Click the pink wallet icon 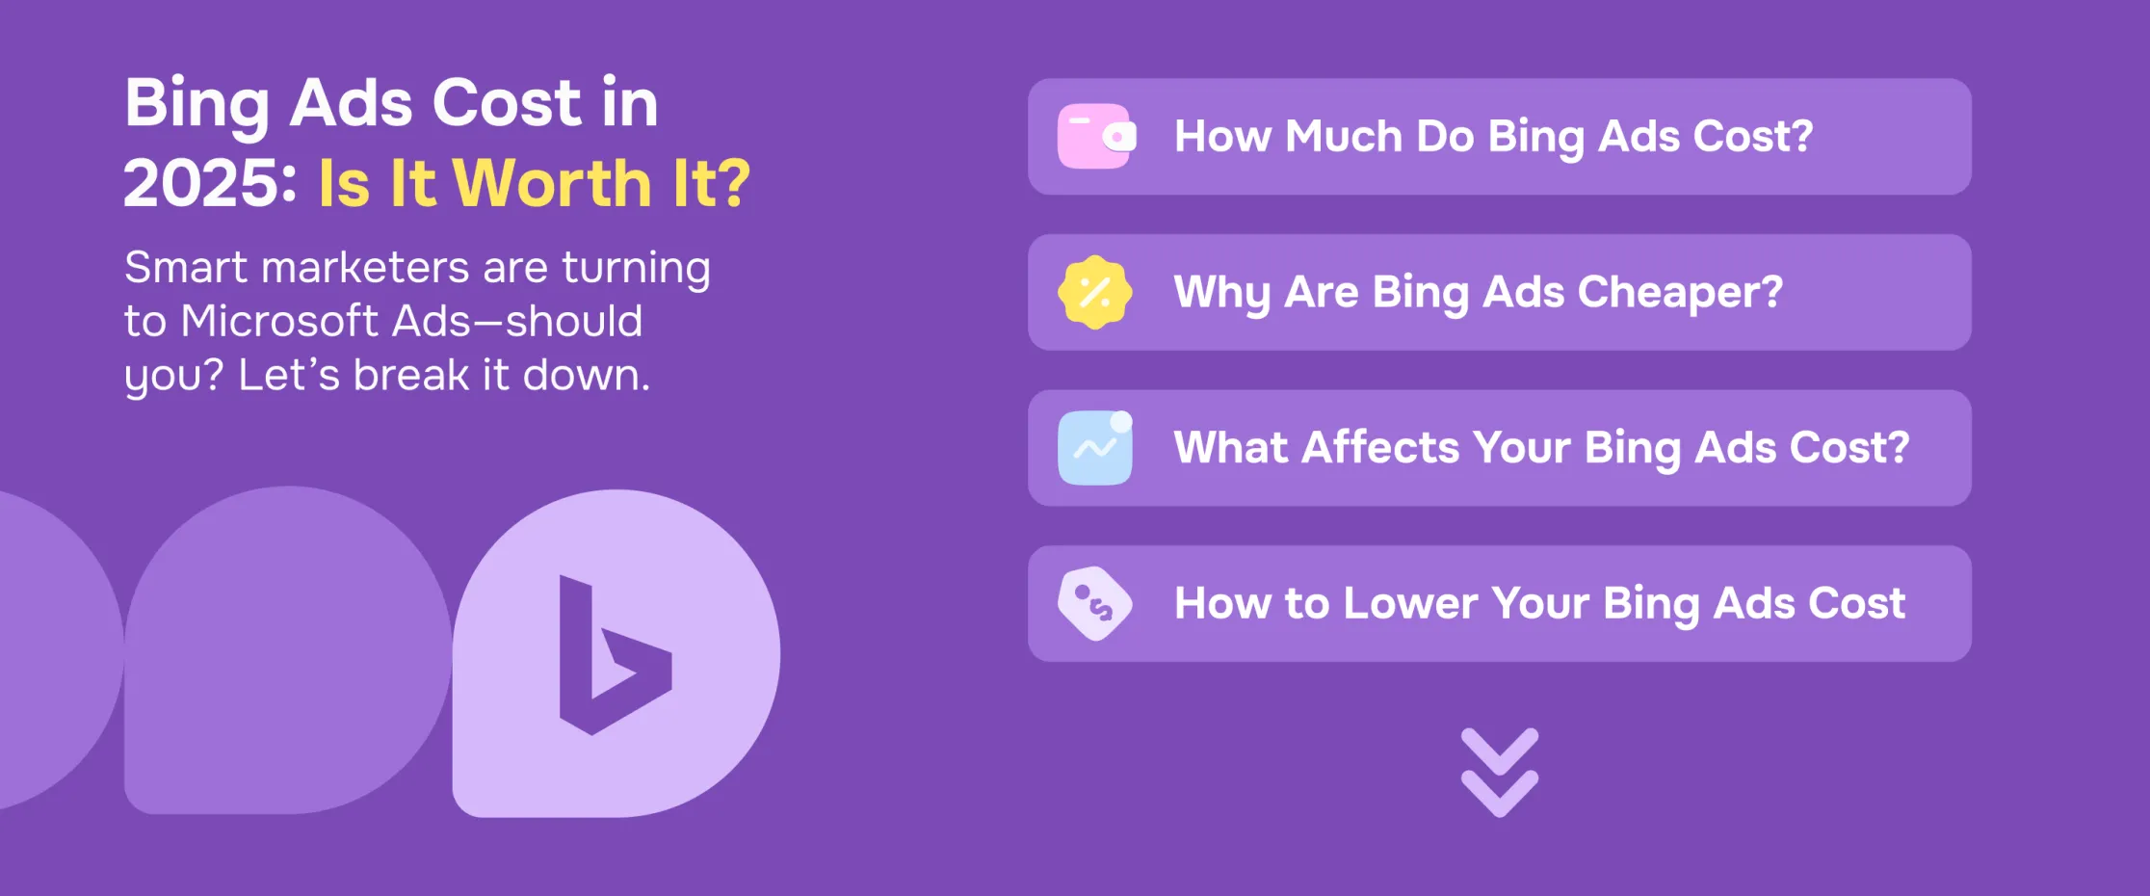pyautogui.click(x=1096, y=137)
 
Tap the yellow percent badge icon pyautogui.click(x=1095, y=292)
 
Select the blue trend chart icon pyautogui.click(x=1095, y=448)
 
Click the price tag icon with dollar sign pyautogui.click(x=1095, y=604)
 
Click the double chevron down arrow pyautogui.click(x=1499, y=773)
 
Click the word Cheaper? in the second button pyautogui.click(x=1680, y=292)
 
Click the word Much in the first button pyautogui.click(x=1343, y=137)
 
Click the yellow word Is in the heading pyautogui.click(x=343, y=183)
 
